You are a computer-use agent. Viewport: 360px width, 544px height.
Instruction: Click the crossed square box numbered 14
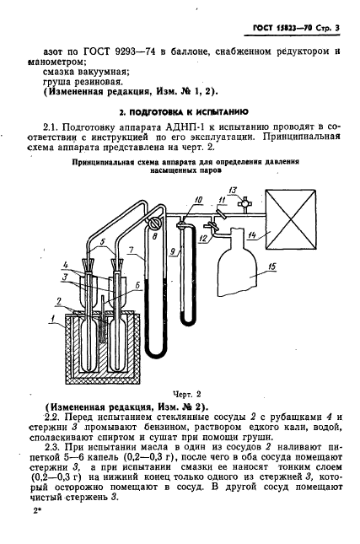291,219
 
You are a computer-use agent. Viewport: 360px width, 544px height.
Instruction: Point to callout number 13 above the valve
233,190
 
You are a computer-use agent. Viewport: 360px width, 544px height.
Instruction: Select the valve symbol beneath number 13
244,203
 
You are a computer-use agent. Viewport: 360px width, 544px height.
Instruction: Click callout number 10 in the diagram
198,200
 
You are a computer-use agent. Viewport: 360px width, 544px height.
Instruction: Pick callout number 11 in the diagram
223,200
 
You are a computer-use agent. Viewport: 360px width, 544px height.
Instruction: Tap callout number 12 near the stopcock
203,239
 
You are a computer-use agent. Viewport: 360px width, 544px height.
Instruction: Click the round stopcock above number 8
153,223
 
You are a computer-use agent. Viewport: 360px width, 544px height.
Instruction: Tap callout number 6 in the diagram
137,285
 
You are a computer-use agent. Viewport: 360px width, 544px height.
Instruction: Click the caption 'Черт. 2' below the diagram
187,394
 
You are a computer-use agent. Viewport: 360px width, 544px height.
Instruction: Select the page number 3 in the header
336,29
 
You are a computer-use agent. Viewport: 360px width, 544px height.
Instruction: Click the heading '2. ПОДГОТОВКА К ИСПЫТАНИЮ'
184,112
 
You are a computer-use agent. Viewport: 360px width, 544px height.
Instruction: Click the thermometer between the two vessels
104,319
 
